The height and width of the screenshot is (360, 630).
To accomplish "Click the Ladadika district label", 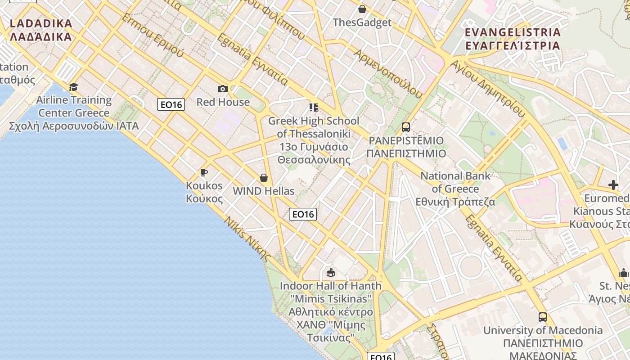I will (x=40, y=30).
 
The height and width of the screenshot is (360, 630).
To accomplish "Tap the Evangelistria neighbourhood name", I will (x=513, y=39).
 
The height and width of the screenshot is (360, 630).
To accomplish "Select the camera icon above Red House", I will (x=223, y=89).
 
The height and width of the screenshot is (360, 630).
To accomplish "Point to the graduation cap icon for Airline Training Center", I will (x=73, y=87).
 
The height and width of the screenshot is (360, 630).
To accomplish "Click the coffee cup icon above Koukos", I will (x=204, y=172).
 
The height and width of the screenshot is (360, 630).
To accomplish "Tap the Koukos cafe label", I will (x=204, y=192).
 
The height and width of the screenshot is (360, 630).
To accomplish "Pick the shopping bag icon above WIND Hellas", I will (x=264, y=178).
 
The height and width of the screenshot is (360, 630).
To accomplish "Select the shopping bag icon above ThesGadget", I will (x=362, y=9).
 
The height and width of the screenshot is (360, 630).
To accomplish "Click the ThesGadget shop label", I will (x=362, y=22).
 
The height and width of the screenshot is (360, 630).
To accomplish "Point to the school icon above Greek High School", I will (x=314, y=108).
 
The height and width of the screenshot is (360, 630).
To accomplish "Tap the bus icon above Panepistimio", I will (x=406, y=127).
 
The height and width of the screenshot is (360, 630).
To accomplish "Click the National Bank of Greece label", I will (x=455, y=189).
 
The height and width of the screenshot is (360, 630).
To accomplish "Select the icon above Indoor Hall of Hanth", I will (x=331, y=272).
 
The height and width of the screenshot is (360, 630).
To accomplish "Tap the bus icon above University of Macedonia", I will (x=543, y=317).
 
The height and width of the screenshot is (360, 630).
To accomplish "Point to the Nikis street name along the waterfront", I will (x=247, y=238).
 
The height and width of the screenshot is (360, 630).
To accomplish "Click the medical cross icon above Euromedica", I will (x=613, y=185).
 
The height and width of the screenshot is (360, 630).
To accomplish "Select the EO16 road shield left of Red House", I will (x=171, y=105).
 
